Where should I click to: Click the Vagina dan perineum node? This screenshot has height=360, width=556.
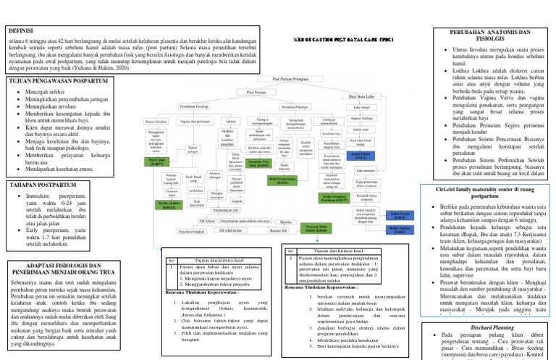pyautogui.click(x=195, y=121)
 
